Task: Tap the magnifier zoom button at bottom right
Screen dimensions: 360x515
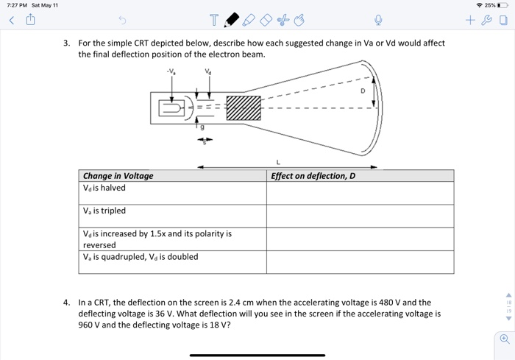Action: [x=504, y=339]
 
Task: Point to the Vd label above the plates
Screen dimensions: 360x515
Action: [x=208, y=73]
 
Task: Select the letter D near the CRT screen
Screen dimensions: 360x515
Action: [x=362, y=91]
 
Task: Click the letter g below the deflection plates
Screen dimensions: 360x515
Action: [x=203, y=128]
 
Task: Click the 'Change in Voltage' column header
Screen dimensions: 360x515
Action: [x=118, y=176]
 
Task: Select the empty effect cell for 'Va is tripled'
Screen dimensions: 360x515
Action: [x=360, y=216]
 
